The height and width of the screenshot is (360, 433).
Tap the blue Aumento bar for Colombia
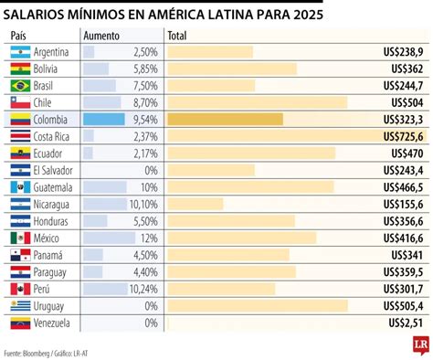(103, 119)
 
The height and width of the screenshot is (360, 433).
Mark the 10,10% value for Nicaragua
(144, 204)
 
